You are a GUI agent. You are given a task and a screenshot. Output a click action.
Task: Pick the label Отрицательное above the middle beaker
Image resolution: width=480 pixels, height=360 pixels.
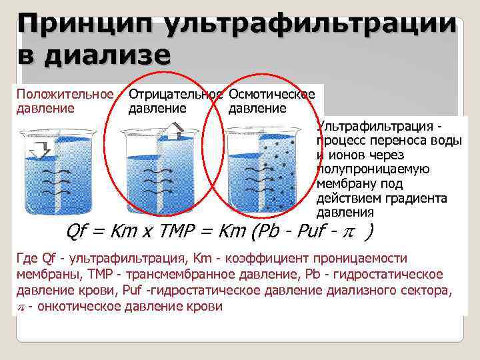[175, 95]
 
